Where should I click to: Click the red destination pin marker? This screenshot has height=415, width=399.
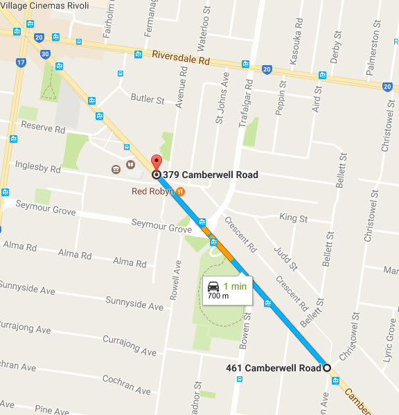point(156,162)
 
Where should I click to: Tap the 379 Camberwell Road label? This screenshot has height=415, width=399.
point(211,175)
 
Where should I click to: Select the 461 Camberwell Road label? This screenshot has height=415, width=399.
point(274,368)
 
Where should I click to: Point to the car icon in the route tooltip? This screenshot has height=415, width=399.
point(214,285)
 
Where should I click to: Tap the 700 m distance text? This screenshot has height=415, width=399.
point(219,297)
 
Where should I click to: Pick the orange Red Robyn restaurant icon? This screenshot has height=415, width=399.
point(181,191)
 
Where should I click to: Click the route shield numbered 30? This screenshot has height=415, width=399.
point(45,54)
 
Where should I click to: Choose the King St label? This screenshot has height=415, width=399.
point(293,218)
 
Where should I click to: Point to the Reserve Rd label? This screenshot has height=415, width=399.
point(43,128)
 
